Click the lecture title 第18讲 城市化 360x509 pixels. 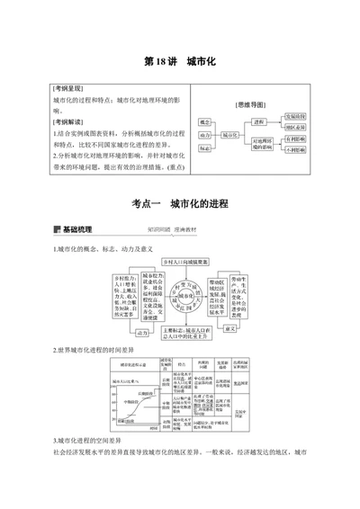[180, 64]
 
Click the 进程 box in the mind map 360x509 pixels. [260, 121]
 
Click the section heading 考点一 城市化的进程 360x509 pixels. [180, 204]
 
